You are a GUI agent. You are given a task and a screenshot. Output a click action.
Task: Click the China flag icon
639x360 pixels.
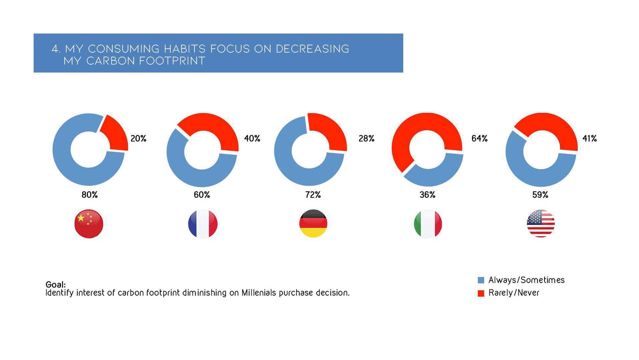click(x=89, y=223)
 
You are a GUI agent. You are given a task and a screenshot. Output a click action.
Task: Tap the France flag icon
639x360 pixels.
click(x=202, y=223)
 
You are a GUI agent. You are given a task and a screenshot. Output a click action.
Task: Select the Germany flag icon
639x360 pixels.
click(x=313, y=223)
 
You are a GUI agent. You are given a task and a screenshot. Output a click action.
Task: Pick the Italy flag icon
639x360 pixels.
click(x=428, y=223)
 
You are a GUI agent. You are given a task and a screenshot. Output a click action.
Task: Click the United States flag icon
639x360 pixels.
click(x=541, y=223)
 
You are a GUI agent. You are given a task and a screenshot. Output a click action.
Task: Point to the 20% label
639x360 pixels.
click(x=138, y=139)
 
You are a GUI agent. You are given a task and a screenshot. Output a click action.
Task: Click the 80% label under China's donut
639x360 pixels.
click(x=90, y=195)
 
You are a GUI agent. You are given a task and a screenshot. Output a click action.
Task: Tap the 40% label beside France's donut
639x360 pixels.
click(x=252, y=139)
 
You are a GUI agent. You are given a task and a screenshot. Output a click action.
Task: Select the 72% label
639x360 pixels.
click(x=313, y=195)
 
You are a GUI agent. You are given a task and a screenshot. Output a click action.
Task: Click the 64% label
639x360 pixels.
click(x=479, y=139)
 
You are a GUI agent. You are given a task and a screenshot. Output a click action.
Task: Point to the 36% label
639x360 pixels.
click(x=428, y=195)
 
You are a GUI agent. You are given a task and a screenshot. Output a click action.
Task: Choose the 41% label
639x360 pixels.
click(x=589, y=139)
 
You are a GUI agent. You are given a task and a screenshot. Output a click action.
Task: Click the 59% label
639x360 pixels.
click(x=540, y=195)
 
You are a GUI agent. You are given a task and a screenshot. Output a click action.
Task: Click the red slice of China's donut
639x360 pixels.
click(x=115, y=133)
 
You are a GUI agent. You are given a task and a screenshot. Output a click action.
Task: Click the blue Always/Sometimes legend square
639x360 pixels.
click(x=481, y=280)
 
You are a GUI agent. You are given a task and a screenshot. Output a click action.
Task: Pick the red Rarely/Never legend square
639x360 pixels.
click(x=481, y=293)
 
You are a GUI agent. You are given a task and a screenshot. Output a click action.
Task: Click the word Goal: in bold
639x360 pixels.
click(x=56, y=285)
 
